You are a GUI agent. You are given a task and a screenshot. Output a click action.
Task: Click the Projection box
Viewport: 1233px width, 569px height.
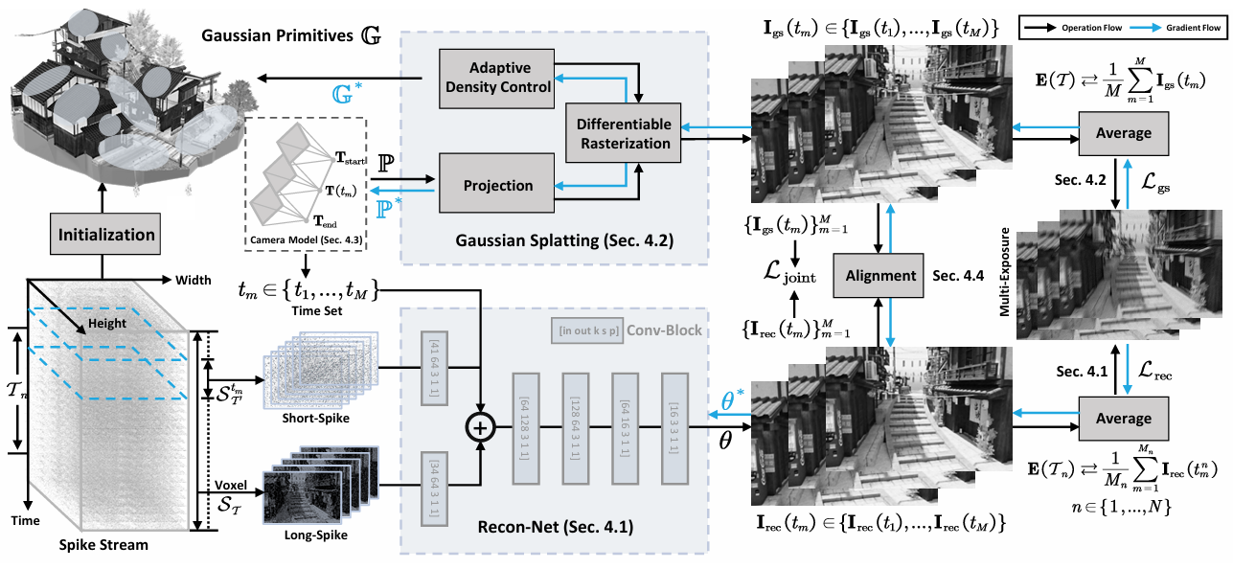(497, 186)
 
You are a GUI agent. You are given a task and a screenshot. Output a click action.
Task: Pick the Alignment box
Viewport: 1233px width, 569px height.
(881, 275)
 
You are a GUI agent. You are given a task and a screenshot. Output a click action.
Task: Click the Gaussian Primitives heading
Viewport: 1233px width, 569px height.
(293, 35)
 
